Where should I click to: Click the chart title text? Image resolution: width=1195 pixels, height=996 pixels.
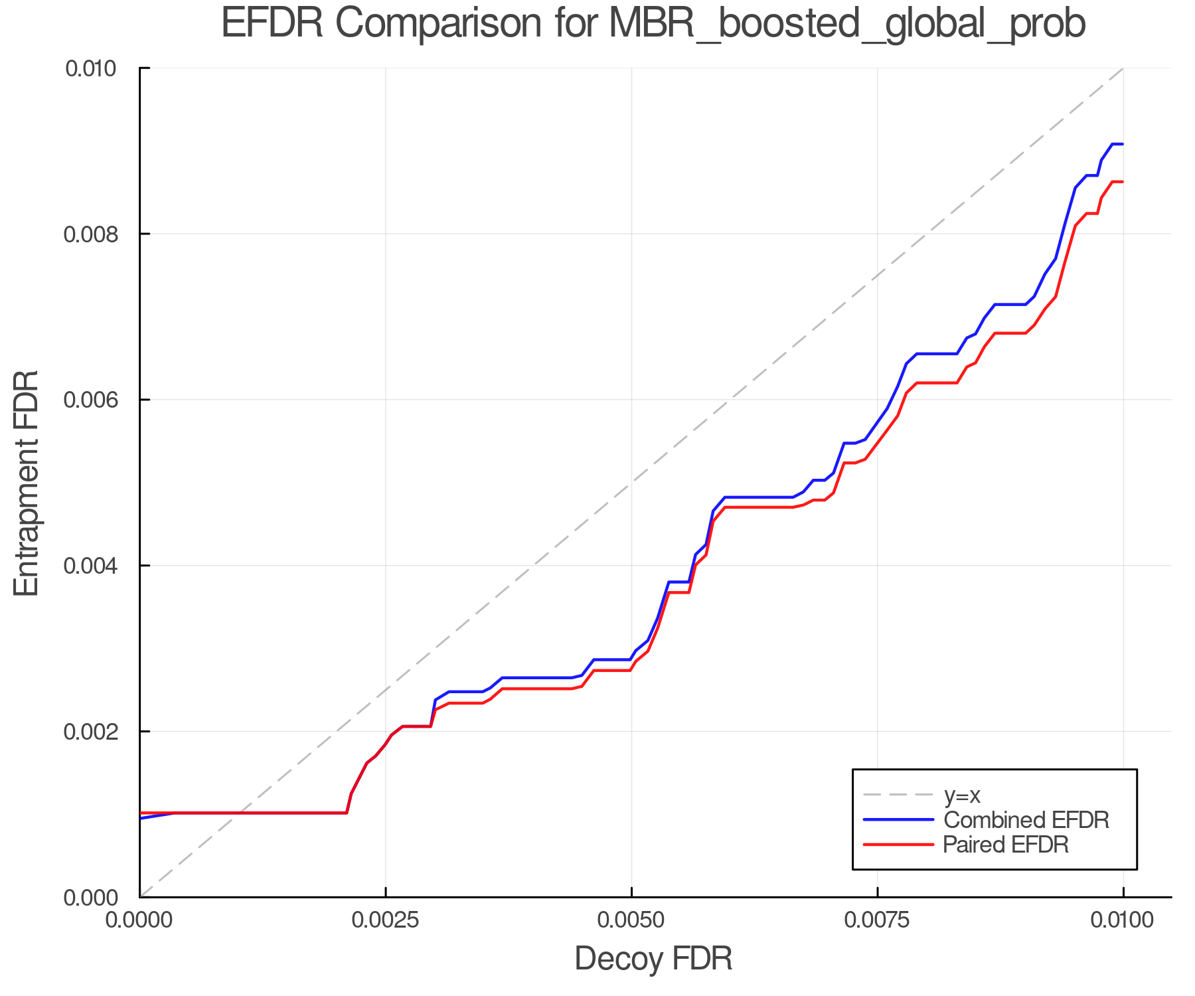click(x=653, y=24)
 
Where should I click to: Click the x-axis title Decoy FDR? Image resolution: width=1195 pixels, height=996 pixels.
click(x=653, y=958)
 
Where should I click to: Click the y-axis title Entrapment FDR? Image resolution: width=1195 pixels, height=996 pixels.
click(x=27, y=483)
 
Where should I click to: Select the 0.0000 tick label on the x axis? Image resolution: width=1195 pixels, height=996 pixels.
click(x=139, y=920)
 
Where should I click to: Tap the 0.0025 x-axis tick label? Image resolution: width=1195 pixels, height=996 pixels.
click(x=385, y=920)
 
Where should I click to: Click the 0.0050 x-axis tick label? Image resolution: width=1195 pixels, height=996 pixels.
click(x=631, y=920)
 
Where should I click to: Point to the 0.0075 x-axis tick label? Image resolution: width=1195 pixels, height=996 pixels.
click(x=877, y=920)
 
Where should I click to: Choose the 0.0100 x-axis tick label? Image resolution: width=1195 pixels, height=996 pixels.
click(x=1123, y=920)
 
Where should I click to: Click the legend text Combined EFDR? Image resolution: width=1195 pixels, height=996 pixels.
click(x=1026, y=820)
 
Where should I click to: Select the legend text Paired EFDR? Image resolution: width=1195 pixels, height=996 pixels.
click(x=1006, y=845)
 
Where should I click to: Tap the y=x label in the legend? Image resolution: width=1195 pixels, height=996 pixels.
click(x=963, y=795)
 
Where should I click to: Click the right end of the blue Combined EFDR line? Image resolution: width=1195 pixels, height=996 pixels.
click(x=1122, y=144)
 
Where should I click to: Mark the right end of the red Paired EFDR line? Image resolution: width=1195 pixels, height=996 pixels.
click(x=1122, y=182)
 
